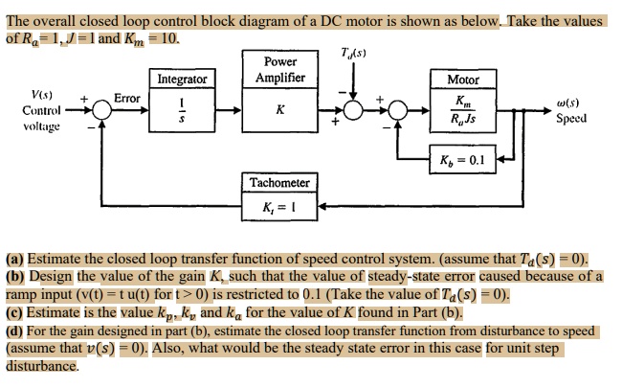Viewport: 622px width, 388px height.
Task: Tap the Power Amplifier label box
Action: (279, 70)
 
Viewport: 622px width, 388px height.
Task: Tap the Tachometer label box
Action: (279, 182)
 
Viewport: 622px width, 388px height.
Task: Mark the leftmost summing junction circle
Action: (102, 111)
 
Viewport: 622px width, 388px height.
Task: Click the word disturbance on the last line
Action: (41, 367)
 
